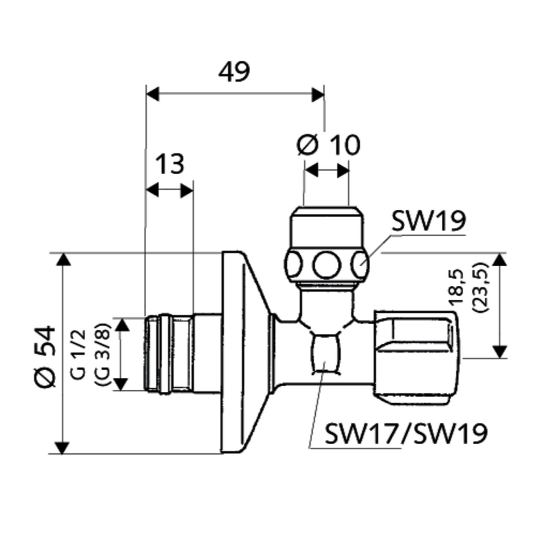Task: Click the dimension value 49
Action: [x=234, y=72]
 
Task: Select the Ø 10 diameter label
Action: [x=328, y=145]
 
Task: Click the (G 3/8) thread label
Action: [x=103, y=354]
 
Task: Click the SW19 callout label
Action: [x=428, y=221]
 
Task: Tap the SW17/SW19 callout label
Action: [x=406, y=433]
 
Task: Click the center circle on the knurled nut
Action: [x=326, y=265]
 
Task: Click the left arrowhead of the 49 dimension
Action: [x=152, y=95]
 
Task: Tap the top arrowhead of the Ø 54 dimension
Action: [x=62, y=259]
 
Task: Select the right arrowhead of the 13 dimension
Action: [x=187, y=190]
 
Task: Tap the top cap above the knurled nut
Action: [x=326, y=228]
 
